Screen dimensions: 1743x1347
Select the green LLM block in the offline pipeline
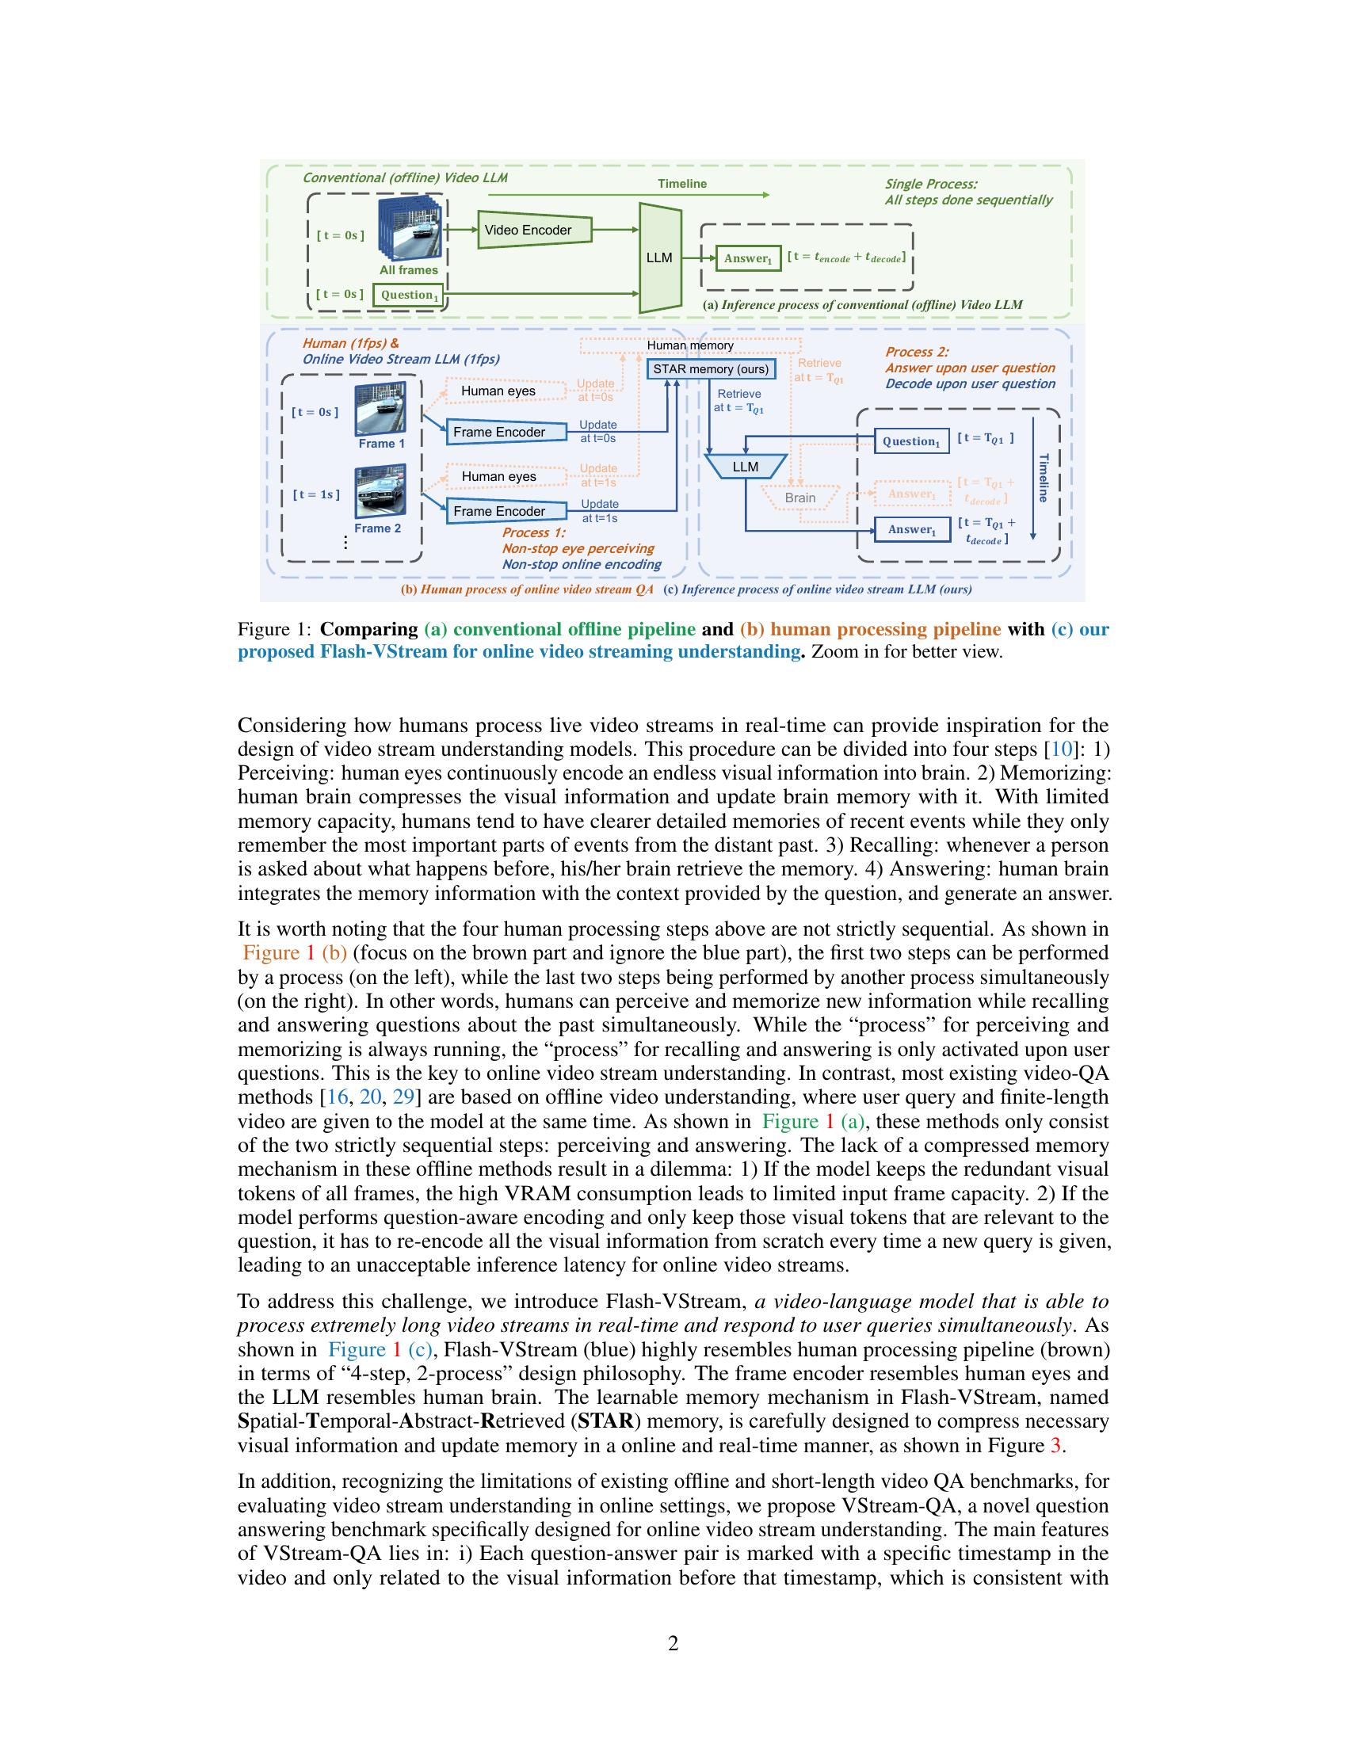(x=659, y=257)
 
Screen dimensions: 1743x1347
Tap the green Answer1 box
(x=748, y=258)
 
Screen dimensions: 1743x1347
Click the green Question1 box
(x=408, y=295)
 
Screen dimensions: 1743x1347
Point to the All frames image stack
(x=410, y=230)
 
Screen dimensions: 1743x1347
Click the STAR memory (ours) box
(x=710, y=368)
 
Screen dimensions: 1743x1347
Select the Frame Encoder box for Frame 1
(x=506, y=432)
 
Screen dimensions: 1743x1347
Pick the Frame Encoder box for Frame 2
(x=506, y=511)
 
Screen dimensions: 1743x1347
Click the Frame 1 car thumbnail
(x=380, y=409)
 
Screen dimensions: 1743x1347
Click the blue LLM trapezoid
(x=746, y=466)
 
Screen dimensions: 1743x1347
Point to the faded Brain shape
(x=799, y=498)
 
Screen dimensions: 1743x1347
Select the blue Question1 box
(x=911, y=441)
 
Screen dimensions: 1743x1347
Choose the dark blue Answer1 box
(x=911, y=529)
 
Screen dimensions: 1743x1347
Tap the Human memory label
(x=689, y=345)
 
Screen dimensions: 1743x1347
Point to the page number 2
(x=673, y=1643)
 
